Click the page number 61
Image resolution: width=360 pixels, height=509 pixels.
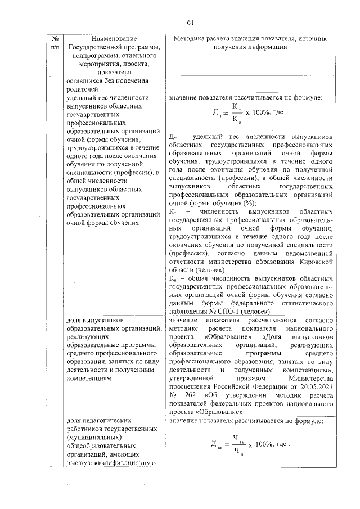190,22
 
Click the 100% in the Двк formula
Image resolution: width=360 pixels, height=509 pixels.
265,444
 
